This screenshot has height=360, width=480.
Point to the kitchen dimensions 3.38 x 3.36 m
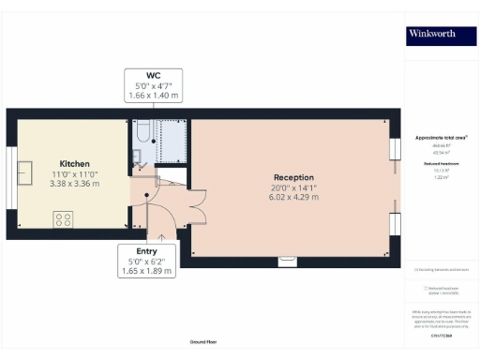(73, 183)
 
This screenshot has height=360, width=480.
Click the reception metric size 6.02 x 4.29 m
(293, 198)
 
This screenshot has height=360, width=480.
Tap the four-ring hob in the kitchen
(65, 220)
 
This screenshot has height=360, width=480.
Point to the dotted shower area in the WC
(172, 141)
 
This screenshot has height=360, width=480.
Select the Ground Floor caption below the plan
(202, 343)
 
